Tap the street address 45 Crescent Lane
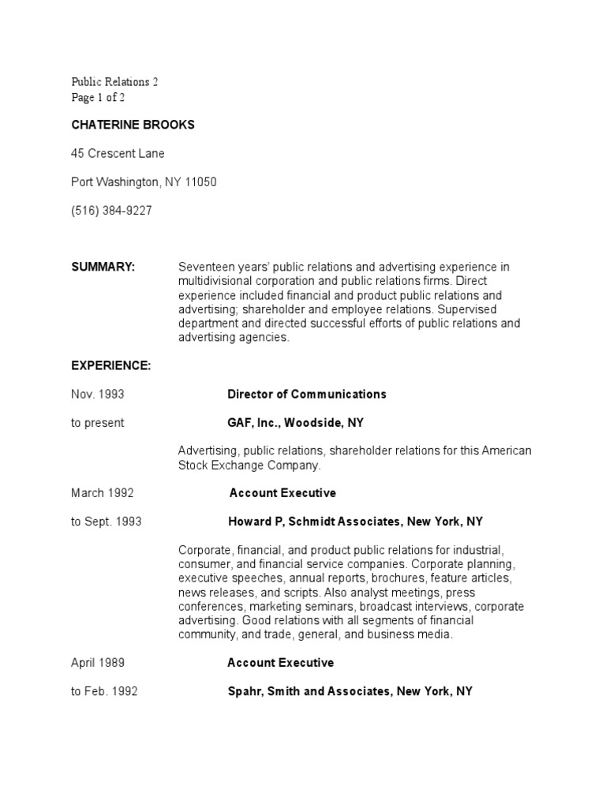(118, 153)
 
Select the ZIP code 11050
(201, 182)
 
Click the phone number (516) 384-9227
(111, 211)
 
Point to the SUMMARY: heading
(103, 267)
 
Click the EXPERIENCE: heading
(110, 366)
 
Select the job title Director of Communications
(306, 394)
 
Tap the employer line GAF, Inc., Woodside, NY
(295, 423)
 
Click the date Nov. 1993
(98, 394)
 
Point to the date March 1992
(103, 493)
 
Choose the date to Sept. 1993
(107, 522)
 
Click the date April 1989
(98, 663)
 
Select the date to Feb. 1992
(104, 691)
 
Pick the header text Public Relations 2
(115, 81)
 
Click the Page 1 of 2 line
(98, 98)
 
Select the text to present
(98, 423)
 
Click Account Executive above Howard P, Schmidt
(282, 493)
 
